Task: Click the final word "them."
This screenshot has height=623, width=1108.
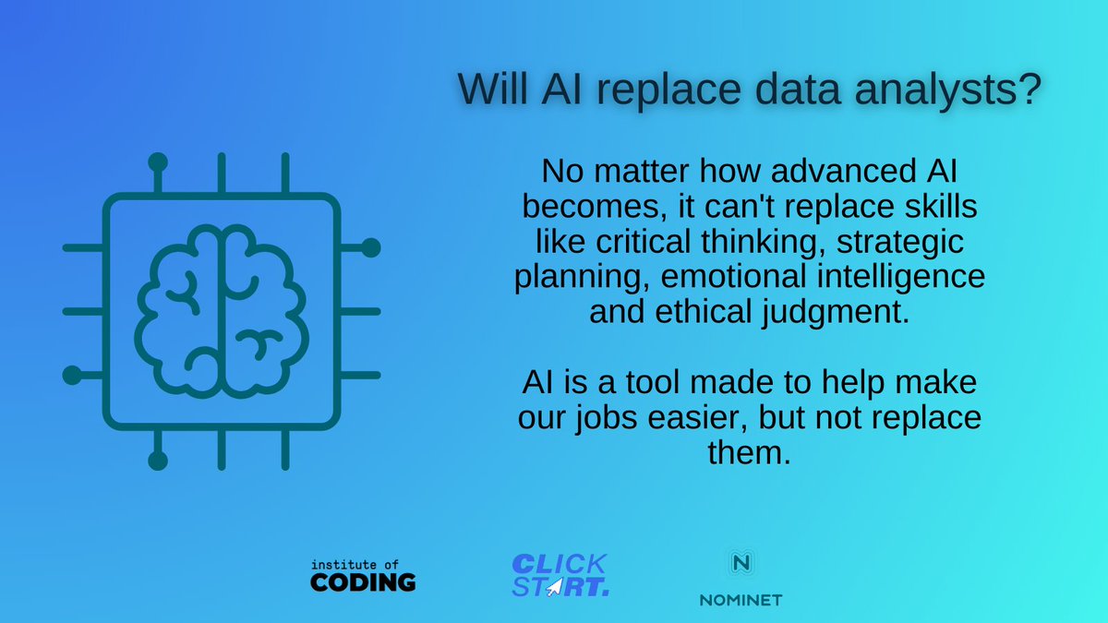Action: pos(749,453)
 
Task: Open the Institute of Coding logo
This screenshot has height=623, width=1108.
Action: pos(363,574)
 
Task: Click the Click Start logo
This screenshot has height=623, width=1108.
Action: pos(559,574)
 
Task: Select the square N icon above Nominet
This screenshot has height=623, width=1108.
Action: pos(740,563)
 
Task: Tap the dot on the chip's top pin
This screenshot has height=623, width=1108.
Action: pos(158,162)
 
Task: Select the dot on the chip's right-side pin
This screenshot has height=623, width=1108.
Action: pos(370,247)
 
